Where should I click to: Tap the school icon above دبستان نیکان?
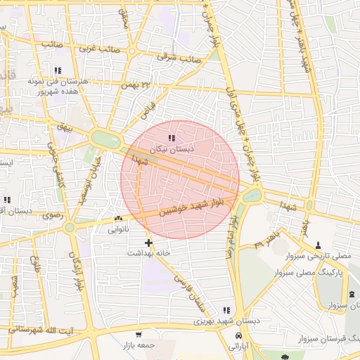pyautogui.click(x=172, y=138)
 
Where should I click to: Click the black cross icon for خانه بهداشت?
pyautogui.click(x=148, y=242)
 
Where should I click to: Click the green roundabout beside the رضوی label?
pyautogui.click(x=69, y=227)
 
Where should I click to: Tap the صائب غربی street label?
pyautogui.click(x=96, y=49)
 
